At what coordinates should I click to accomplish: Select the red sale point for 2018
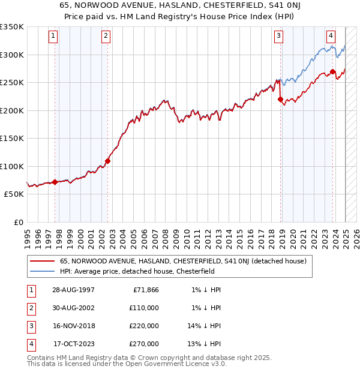(x=280, y=100)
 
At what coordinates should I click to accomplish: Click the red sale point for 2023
(x=332, y=72)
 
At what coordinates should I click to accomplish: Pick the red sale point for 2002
(x=108, y=161)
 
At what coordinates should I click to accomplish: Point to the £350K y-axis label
(x=12, y=27)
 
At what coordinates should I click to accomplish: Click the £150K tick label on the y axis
(x=12, y=138)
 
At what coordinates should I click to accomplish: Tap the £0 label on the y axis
(x=18, y=222)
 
